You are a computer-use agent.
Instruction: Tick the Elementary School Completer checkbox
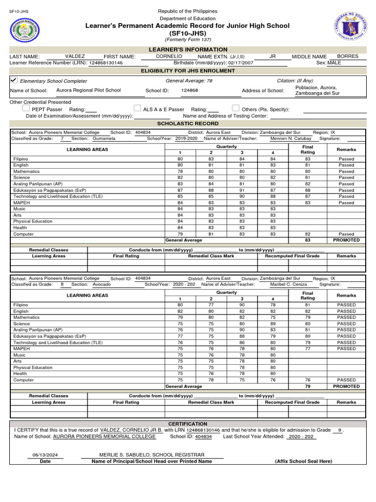(14, 80)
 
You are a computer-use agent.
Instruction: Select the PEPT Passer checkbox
(26, 108)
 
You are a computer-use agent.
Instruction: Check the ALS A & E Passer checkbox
(138, 108)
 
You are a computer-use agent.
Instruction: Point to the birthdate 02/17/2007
(240, 63)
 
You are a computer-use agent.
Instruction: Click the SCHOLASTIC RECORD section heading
(188, 124)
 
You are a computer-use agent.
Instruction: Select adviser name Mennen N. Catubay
(291, 139)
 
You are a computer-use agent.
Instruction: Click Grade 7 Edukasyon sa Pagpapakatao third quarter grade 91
(242, 190)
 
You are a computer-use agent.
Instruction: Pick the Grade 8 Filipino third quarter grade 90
(242, 305)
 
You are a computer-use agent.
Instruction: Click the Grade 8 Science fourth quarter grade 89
(273, 324)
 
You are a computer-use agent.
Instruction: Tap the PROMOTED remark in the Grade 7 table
(346, 240)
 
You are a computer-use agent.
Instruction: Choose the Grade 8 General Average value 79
(307, 386)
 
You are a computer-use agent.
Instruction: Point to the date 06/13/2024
(45, 455)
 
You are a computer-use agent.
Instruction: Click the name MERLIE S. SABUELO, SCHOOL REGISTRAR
(152, 455)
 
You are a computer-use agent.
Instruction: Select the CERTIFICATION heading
(188, 424)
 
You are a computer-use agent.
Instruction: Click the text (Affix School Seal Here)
(304, 461)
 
